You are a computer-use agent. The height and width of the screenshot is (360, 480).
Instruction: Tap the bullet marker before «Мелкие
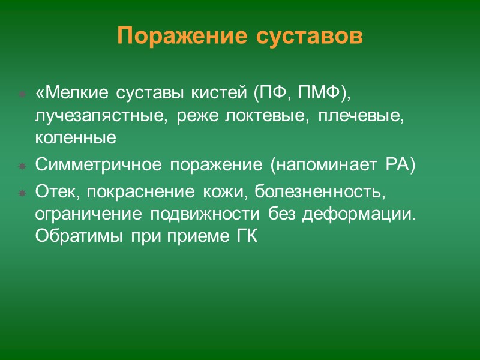point(22,95)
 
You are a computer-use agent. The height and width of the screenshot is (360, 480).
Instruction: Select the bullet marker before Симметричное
point(22,166)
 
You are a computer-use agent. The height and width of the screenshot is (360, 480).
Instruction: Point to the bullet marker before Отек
point(22,193)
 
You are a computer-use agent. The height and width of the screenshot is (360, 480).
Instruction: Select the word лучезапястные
point(86,116)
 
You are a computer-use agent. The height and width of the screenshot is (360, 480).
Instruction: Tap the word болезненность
point(318,192)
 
